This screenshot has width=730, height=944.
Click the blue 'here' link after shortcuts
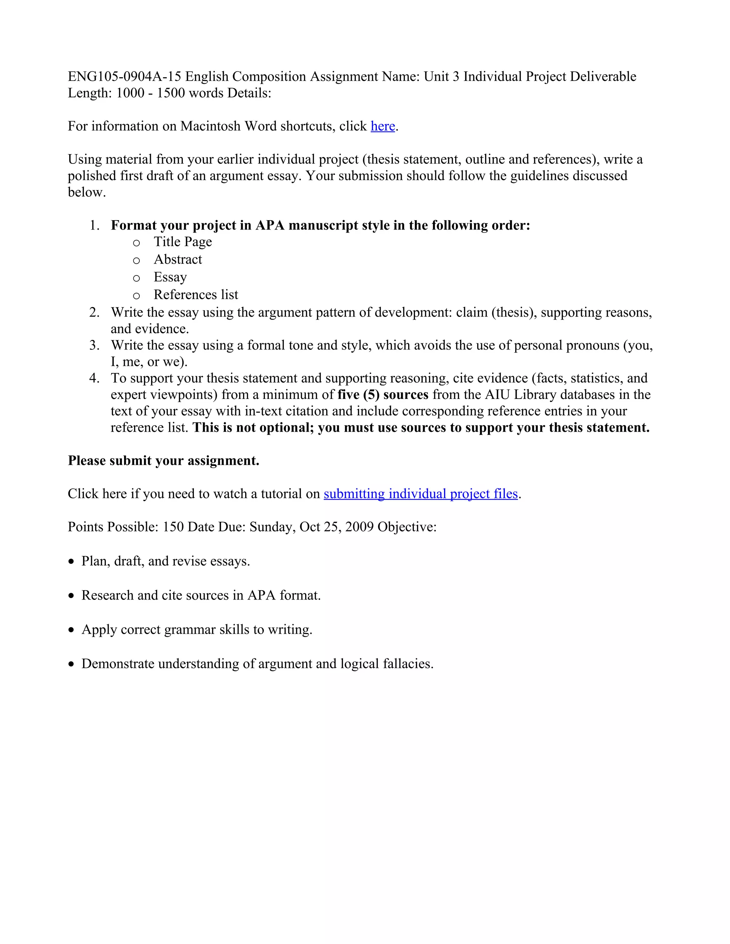pyautogui.click(x=383, y=126)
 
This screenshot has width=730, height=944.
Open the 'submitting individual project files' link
pyautogui.click(x=420, y=494)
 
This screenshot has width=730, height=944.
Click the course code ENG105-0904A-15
pyautogui.click(x=124, y=77)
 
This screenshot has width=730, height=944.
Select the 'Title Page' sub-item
pyautogui.click(x=182, y=242)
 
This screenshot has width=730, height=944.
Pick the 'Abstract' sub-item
pyautogui.click(x=178, y=259)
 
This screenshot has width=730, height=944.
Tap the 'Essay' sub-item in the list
pyautogui.click(x=170, y=277)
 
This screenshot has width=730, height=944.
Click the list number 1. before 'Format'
pyautogui.click(x=94, y=225)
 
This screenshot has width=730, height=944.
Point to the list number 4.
pyautogui.click(x=94, y=378)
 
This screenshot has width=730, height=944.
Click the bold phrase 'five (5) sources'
pyautogui.click(x=383, y=395)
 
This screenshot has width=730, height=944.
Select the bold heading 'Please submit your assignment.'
pyautogui.click(x=164, y=461)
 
